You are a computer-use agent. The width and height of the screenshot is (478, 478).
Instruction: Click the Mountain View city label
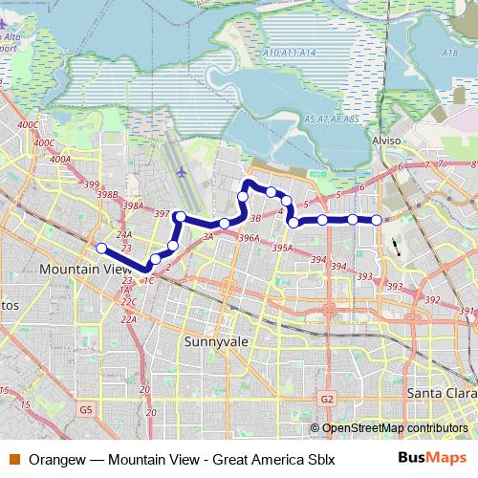click(x=84, y=270)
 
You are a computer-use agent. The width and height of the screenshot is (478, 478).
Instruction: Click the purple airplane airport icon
click(x=184, y=172)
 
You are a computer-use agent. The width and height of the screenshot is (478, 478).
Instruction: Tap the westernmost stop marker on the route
click(x=101, y=249)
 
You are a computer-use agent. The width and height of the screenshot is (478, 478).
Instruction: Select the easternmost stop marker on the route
click(x=377, y=220)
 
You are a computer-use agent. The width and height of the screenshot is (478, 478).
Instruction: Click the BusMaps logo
click(x=426, y=458)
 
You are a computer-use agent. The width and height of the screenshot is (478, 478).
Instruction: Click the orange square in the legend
click(x=13, y=459)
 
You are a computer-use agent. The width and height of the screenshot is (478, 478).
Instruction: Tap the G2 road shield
click(x=327, y=398)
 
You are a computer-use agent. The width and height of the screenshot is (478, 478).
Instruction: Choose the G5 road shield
click(x=87, y=409)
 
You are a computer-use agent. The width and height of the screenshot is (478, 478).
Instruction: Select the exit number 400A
click(x=59, y=160)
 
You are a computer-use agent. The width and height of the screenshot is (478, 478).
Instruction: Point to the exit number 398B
click(x=107, y=194)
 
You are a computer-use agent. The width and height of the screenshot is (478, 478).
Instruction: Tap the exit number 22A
click(x=128, y=318)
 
